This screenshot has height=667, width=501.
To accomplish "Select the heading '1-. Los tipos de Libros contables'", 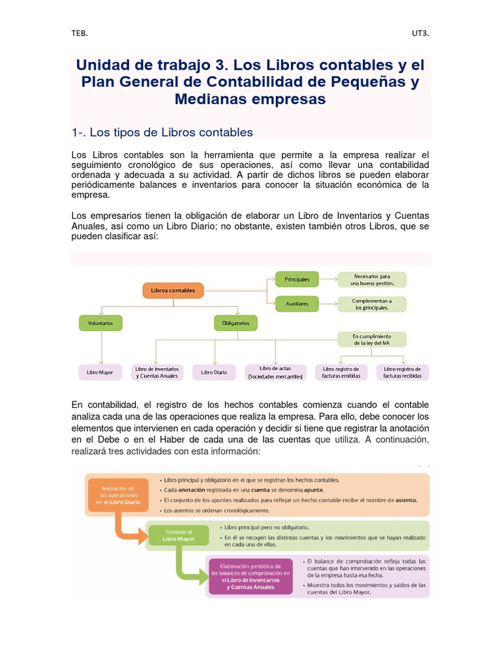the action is (x=162, y=132).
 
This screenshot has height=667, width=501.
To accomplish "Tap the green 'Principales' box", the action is (x=297, y=279).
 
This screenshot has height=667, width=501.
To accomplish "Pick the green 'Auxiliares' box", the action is (x=297, y=304).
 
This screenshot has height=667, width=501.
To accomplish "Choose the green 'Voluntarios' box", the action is (x=100, y=322).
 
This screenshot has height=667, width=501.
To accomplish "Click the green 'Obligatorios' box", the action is (x=235, y=322).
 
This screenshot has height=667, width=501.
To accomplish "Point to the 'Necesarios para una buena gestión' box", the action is (x=372, y=279).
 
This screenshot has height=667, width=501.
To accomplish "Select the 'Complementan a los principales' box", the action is (x=372, y=304).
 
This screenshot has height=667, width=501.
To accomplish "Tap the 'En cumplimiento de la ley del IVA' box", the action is (x=372, y=339).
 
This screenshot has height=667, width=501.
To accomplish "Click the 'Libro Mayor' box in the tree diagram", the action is (x=100, y=373).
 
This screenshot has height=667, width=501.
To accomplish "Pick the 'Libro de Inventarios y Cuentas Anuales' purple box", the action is (x=157, y=373).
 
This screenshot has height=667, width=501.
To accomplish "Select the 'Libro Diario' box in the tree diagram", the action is (x=214, y=373).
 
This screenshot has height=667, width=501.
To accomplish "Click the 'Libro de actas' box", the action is (x=275, y=373).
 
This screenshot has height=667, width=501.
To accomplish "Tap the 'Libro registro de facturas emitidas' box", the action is (x=341, y=373).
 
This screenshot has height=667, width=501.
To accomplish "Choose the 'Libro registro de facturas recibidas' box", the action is (x=402, y=373).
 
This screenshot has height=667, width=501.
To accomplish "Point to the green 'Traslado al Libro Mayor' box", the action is (x=177, y=535).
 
